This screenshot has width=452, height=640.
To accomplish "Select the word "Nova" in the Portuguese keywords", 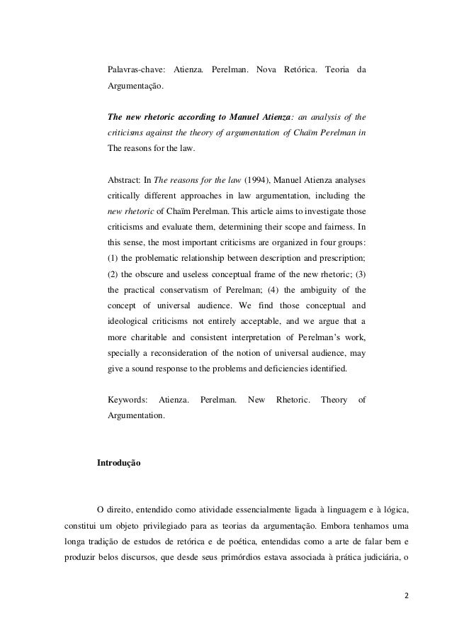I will click(266, 72).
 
